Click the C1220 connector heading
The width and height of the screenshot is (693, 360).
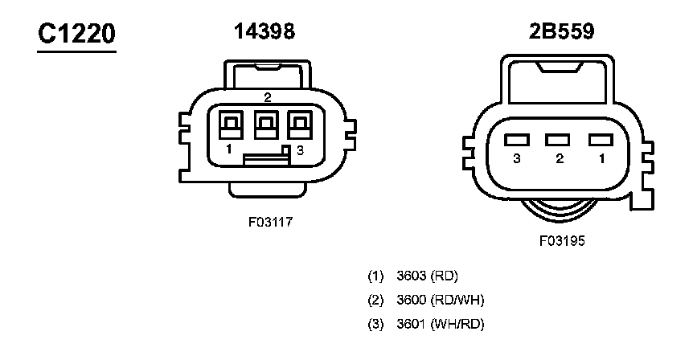[x=76, y=34]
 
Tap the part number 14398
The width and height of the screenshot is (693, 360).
[x=264, y=31]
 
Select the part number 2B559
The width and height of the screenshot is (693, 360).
[x=561, y=31]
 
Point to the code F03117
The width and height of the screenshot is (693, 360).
[x=270, y=222]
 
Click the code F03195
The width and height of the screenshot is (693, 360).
[x=562, y=241]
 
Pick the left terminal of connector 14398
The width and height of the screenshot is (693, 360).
[x=231, y=125]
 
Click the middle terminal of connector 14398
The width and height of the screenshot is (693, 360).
[x=266, y=125]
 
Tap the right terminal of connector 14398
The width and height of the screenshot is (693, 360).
[x=300, y=125]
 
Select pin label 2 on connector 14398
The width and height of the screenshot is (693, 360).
[x=268, y=97]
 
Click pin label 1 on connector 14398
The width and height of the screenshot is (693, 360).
[x=228, y=149]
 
